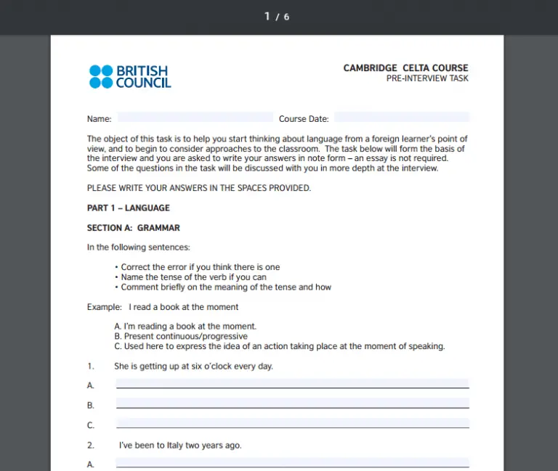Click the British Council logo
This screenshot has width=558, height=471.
click(130, 76)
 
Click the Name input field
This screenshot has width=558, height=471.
click(195, 118)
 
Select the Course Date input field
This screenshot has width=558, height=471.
click(402, 118)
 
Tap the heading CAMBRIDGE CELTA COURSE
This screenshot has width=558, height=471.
click(405, 68)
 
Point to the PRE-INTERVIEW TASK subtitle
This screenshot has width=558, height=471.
click(427, 78)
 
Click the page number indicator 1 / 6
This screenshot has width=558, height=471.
click(277, 17)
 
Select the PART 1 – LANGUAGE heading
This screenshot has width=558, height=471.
click(129, 208)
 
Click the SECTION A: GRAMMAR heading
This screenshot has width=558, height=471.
click(134, 228)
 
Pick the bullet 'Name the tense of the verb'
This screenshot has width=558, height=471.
click(193, 277)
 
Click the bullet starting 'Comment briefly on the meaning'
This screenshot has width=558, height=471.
click(225, 287)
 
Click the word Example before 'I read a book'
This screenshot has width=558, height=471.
click(104, 307)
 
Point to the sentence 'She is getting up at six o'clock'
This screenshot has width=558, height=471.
click(193, 366)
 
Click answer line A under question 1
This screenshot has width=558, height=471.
click(292, 384)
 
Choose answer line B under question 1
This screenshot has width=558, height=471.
click(292, 404)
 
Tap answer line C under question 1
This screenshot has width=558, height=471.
click(292, 423)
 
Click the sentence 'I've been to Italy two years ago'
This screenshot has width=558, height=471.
click(180, 446)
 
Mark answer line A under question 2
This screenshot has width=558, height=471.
click(292, 462)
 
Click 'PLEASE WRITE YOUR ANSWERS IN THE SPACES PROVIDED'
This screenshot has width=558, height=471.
click(198, 188)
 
